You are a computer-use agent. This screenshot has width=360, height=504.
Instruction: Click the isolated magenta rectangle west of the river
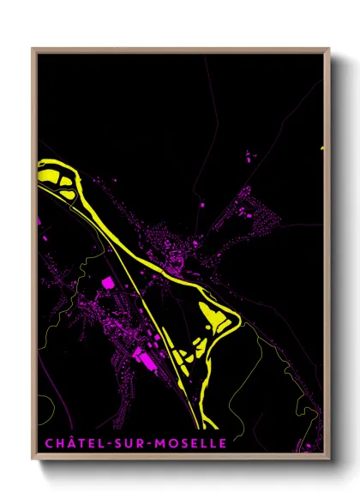107,282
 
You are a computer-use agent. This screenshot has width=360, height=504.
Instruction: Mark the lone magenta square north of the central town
202,207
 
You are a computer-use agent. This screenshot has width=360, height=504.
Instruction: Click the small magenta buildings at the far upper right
250,157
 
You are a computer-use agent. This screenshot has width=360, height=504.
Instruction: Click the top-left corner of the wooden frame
33,49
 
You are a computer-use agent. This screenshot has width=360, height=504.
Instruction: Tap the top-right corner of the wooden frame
329,49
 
